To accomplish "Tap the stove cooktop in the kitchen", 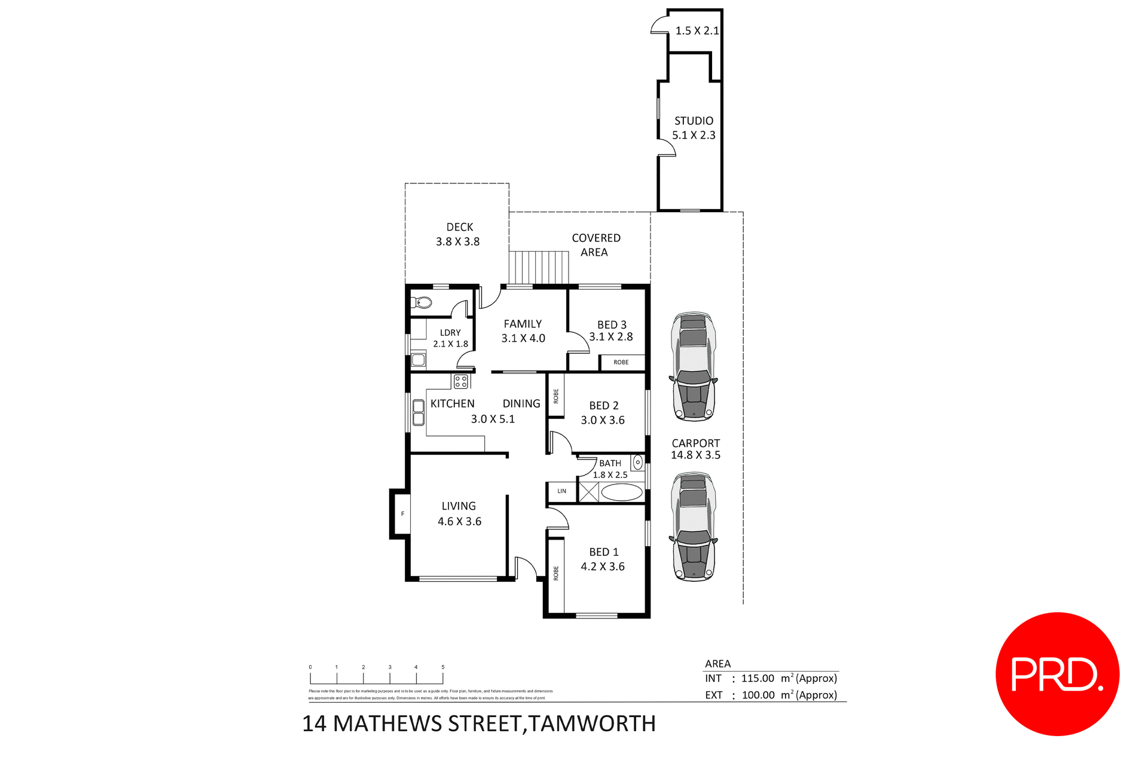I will [x=460, y=381].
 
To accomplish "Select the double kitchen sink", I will [x=419, y=412].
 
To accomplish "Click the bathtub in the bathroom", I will [x=621, y=492].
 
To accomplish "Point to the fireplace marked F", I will [x=402, y=514].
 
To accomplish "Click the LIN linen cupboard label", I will [x=561, y=491].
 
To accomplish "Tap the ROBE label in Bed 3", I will [x=621, y=362].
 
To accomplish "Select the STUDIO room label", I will [x=694, y=121].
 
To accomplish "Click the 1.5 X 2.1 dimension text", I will [x=697, y=30].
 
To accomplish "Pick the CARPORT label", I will [x=695, y=443].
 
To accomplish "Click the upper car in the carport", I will [x=693, y=366].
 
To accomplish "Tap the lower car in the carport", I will [x=693, y=526].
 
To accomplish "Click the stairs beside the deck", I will [x=539, y=267].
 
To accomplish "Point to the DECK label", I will [x=459, y=227].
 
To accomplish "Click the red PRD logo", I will [x=1057, y=674].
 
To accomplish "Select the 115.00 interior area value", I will [x=757, y=678].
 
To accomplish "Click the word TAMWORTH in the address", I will [x=593, y=724].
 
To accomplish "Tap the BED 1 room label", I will [x=603, y=552].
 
